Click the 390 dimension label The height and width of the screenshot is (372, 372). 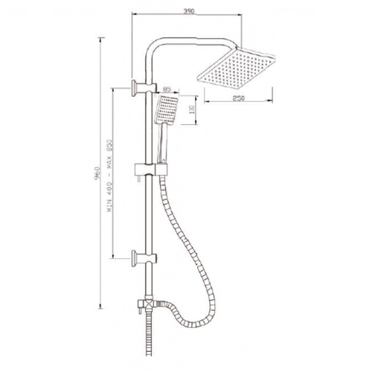(189, 11)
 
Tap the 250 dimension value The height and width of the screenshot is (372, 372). (239, 98)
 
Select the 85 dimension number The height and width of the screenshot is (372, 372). (167, 89)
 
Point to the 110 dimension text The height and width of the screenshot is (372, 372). (191, 109)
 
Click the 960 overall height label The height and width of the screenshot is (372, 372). (97, 173)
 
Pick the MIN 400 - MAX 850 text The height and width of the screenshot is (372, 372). (109, 176)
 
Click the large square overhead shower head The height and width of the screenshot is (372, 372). (236, 68)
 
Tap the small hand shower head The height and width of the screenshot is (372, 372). (167, 110)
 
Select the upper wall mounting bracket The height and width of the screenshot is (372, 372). (144, 88)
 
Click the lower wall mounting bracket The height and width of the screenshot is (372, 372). (144, 258)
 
